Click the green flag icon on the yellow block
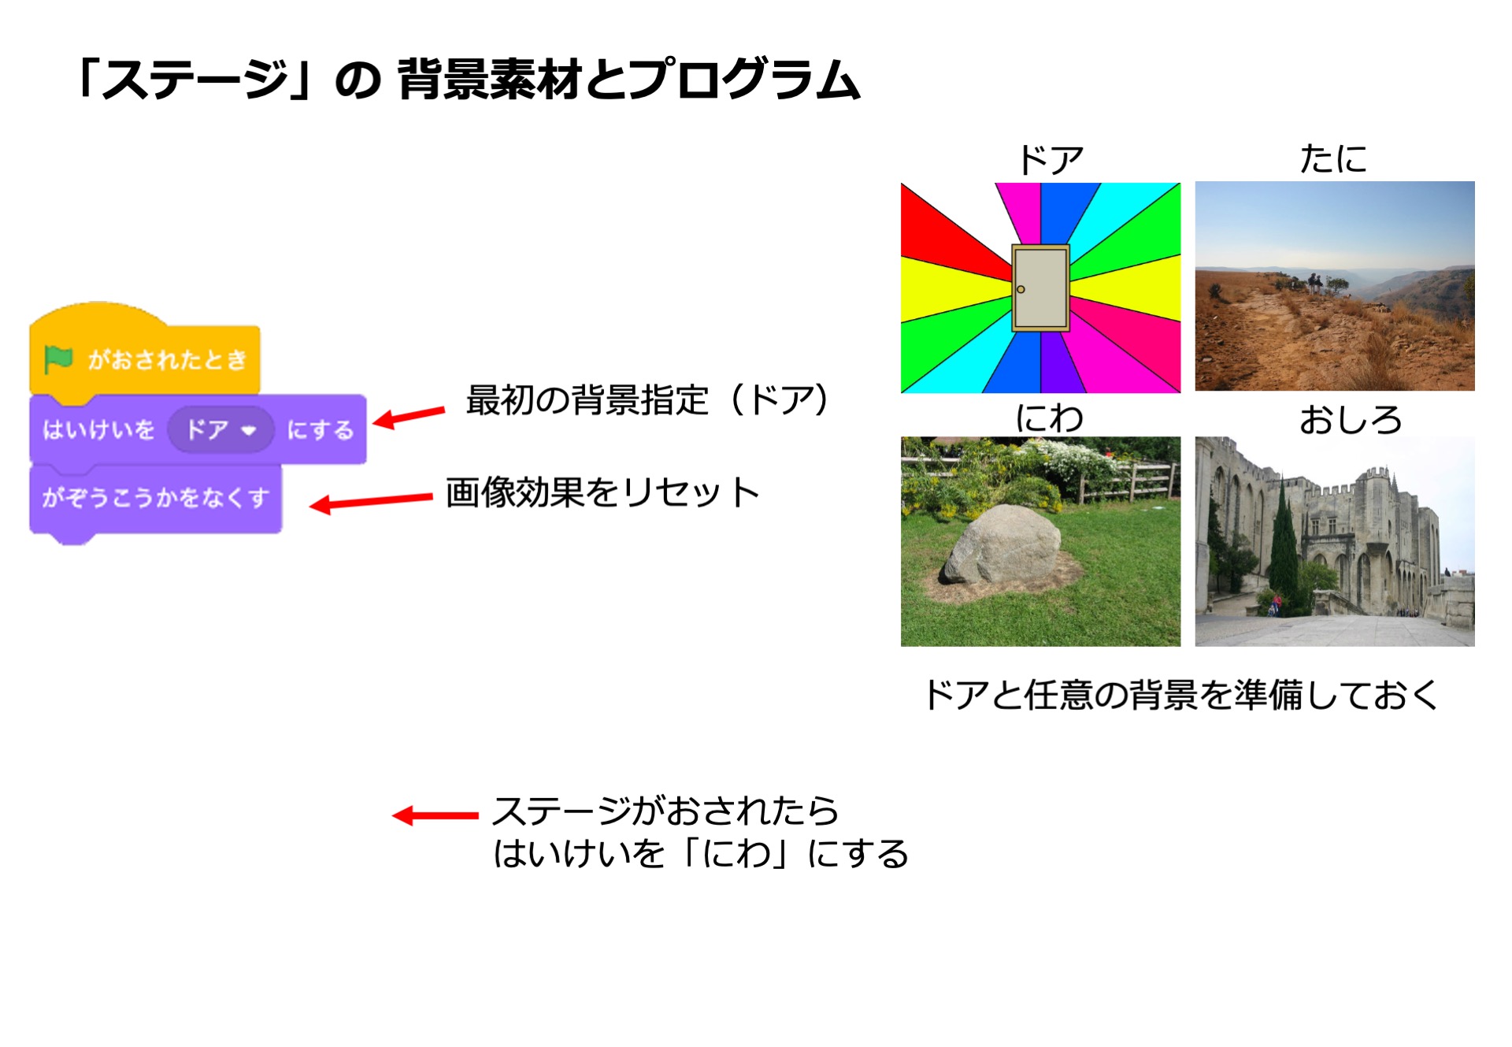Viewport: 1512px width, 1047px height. click(x=58, y=359)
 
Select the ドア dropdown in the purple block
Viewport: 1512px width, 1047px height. click(x=221, y=430)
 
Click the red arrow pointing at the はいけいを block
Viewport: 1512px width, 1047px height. click(x=409, y=417)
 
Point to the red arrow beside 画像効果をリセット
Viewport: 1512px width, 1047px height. click(x=371, y=501)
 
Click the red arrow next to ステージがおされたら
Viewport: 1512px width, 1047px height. click(x=435, y=815)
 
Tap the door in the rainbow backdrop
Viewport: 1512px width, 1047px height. click(x=1040, y=288)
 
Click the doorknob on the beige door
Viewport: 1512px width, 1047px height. click(x=1021, y=289)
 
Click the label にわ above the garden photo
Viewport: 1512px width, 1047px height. click(x=1049, y=418)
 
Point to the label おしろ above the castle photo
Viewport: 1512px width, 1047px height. click(x=1350, y=419)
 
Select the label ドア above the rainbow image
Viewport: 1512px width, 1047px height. click(x=1051, y=160)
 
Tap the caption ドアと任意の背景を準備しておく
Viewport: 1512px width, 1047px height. click(x=1180, y=695)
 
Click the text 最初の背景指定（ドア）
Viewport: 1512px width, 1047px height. click(x=647, y=399)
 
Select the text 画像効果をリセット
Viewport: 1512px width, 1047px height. click(x=602, y=492)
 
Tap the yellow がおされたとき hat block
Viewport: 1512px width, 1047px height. click(x=145, y=353)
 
